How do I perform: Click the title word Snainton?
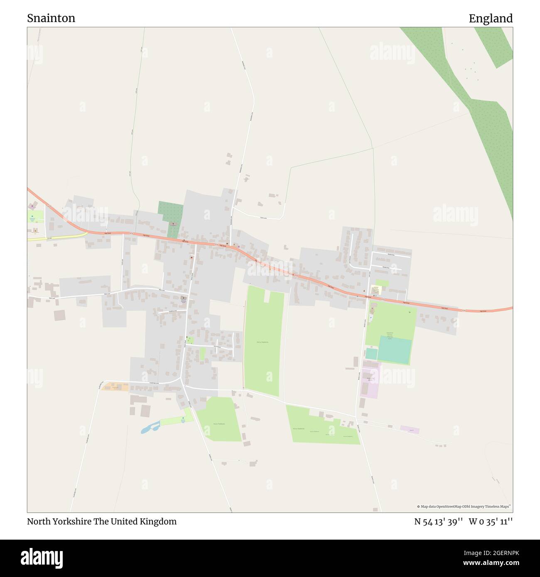pos(51,18)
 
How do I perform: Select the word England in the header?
pos(491,18)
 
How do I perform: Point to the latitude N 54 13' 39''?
pos(438,521)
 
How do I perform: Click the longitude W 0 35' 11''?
pos(491,521)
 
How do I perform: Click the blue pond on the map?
pos(150,428)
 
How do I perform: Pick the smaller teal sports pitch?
pos(371,354)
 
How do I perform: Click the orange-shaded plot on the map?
pos(115,386)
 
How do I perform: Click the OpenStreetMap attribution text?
pos(464,506)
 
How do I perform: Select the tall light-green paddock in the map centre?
pos(263,340)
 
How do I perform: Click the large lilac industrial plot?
pos(371,381)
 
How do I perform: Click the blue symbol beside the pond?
pos(183,418)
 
